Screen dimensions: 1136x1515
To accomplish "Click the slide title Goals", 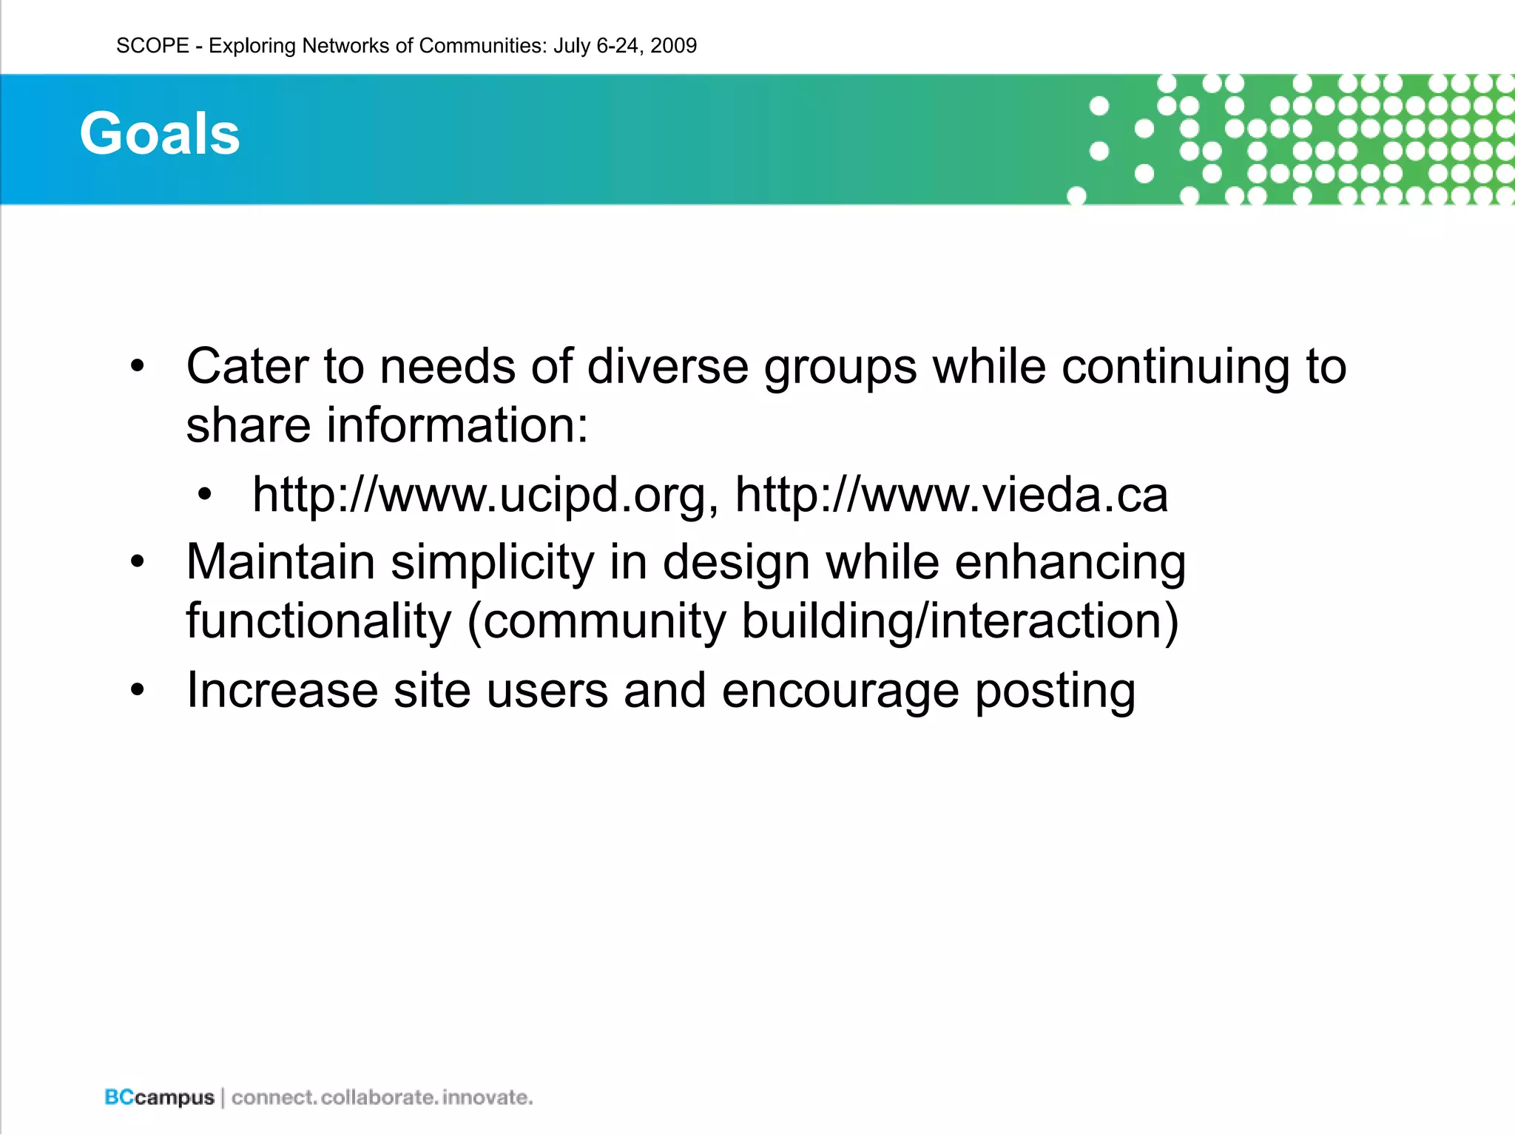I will click(160, 134).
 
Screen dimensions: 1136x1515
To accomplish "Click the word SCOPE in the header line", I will click(152, 46).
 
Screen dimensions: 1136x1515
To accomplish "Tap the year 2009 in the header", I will click(673, 46).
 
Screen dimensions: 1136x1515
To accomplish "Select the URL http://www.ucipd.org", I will click(485, 494).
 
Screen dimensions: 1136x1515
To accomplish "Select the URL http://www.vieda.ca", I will click(951, 494).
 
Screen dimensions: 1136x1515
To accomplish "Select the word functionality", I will click(318, 621).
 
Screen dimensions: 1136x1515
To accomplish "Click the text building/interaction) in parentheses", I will click(960, 621).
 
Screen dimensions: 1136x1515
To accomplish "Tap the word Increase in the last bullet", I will click(282, 690).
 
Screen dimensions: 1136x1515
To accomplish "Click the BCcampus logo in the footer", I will click(159, 1098).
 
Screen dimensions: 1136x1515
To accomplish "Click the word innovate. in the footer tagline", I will click(487, 1098).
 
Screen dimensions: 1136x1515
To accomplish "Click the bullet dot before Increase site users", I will click(138, 690).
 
